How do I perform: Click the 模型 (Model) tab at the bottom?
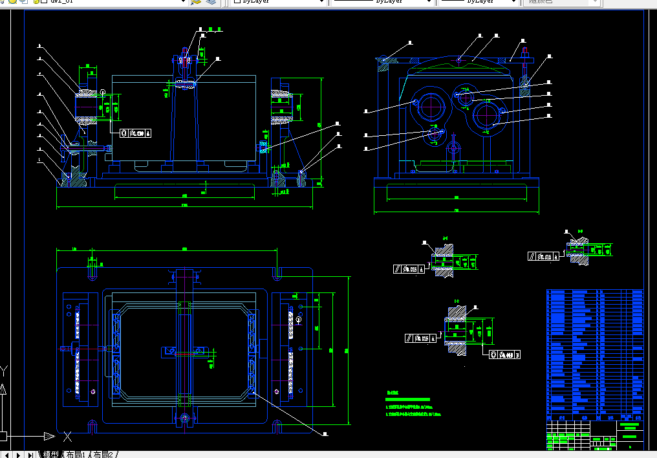tap(50, 455)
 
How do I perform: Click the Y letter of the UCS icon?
tap(4, 371)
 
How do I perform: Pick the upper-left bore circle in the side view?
tap(429, 105)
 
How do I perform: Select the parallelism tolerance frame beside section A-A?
tap(409, 269)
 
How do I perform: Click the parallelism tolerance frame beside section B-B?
tap(543, 257)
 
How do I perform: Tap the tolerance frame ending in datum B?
tap(504, 354)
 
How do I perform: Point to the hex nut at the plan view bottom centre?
tap(186, 419)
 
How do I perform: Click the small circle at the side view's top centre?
tap(458, 60)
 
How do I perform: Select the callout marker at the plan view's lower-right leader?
tap(326, 435)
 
